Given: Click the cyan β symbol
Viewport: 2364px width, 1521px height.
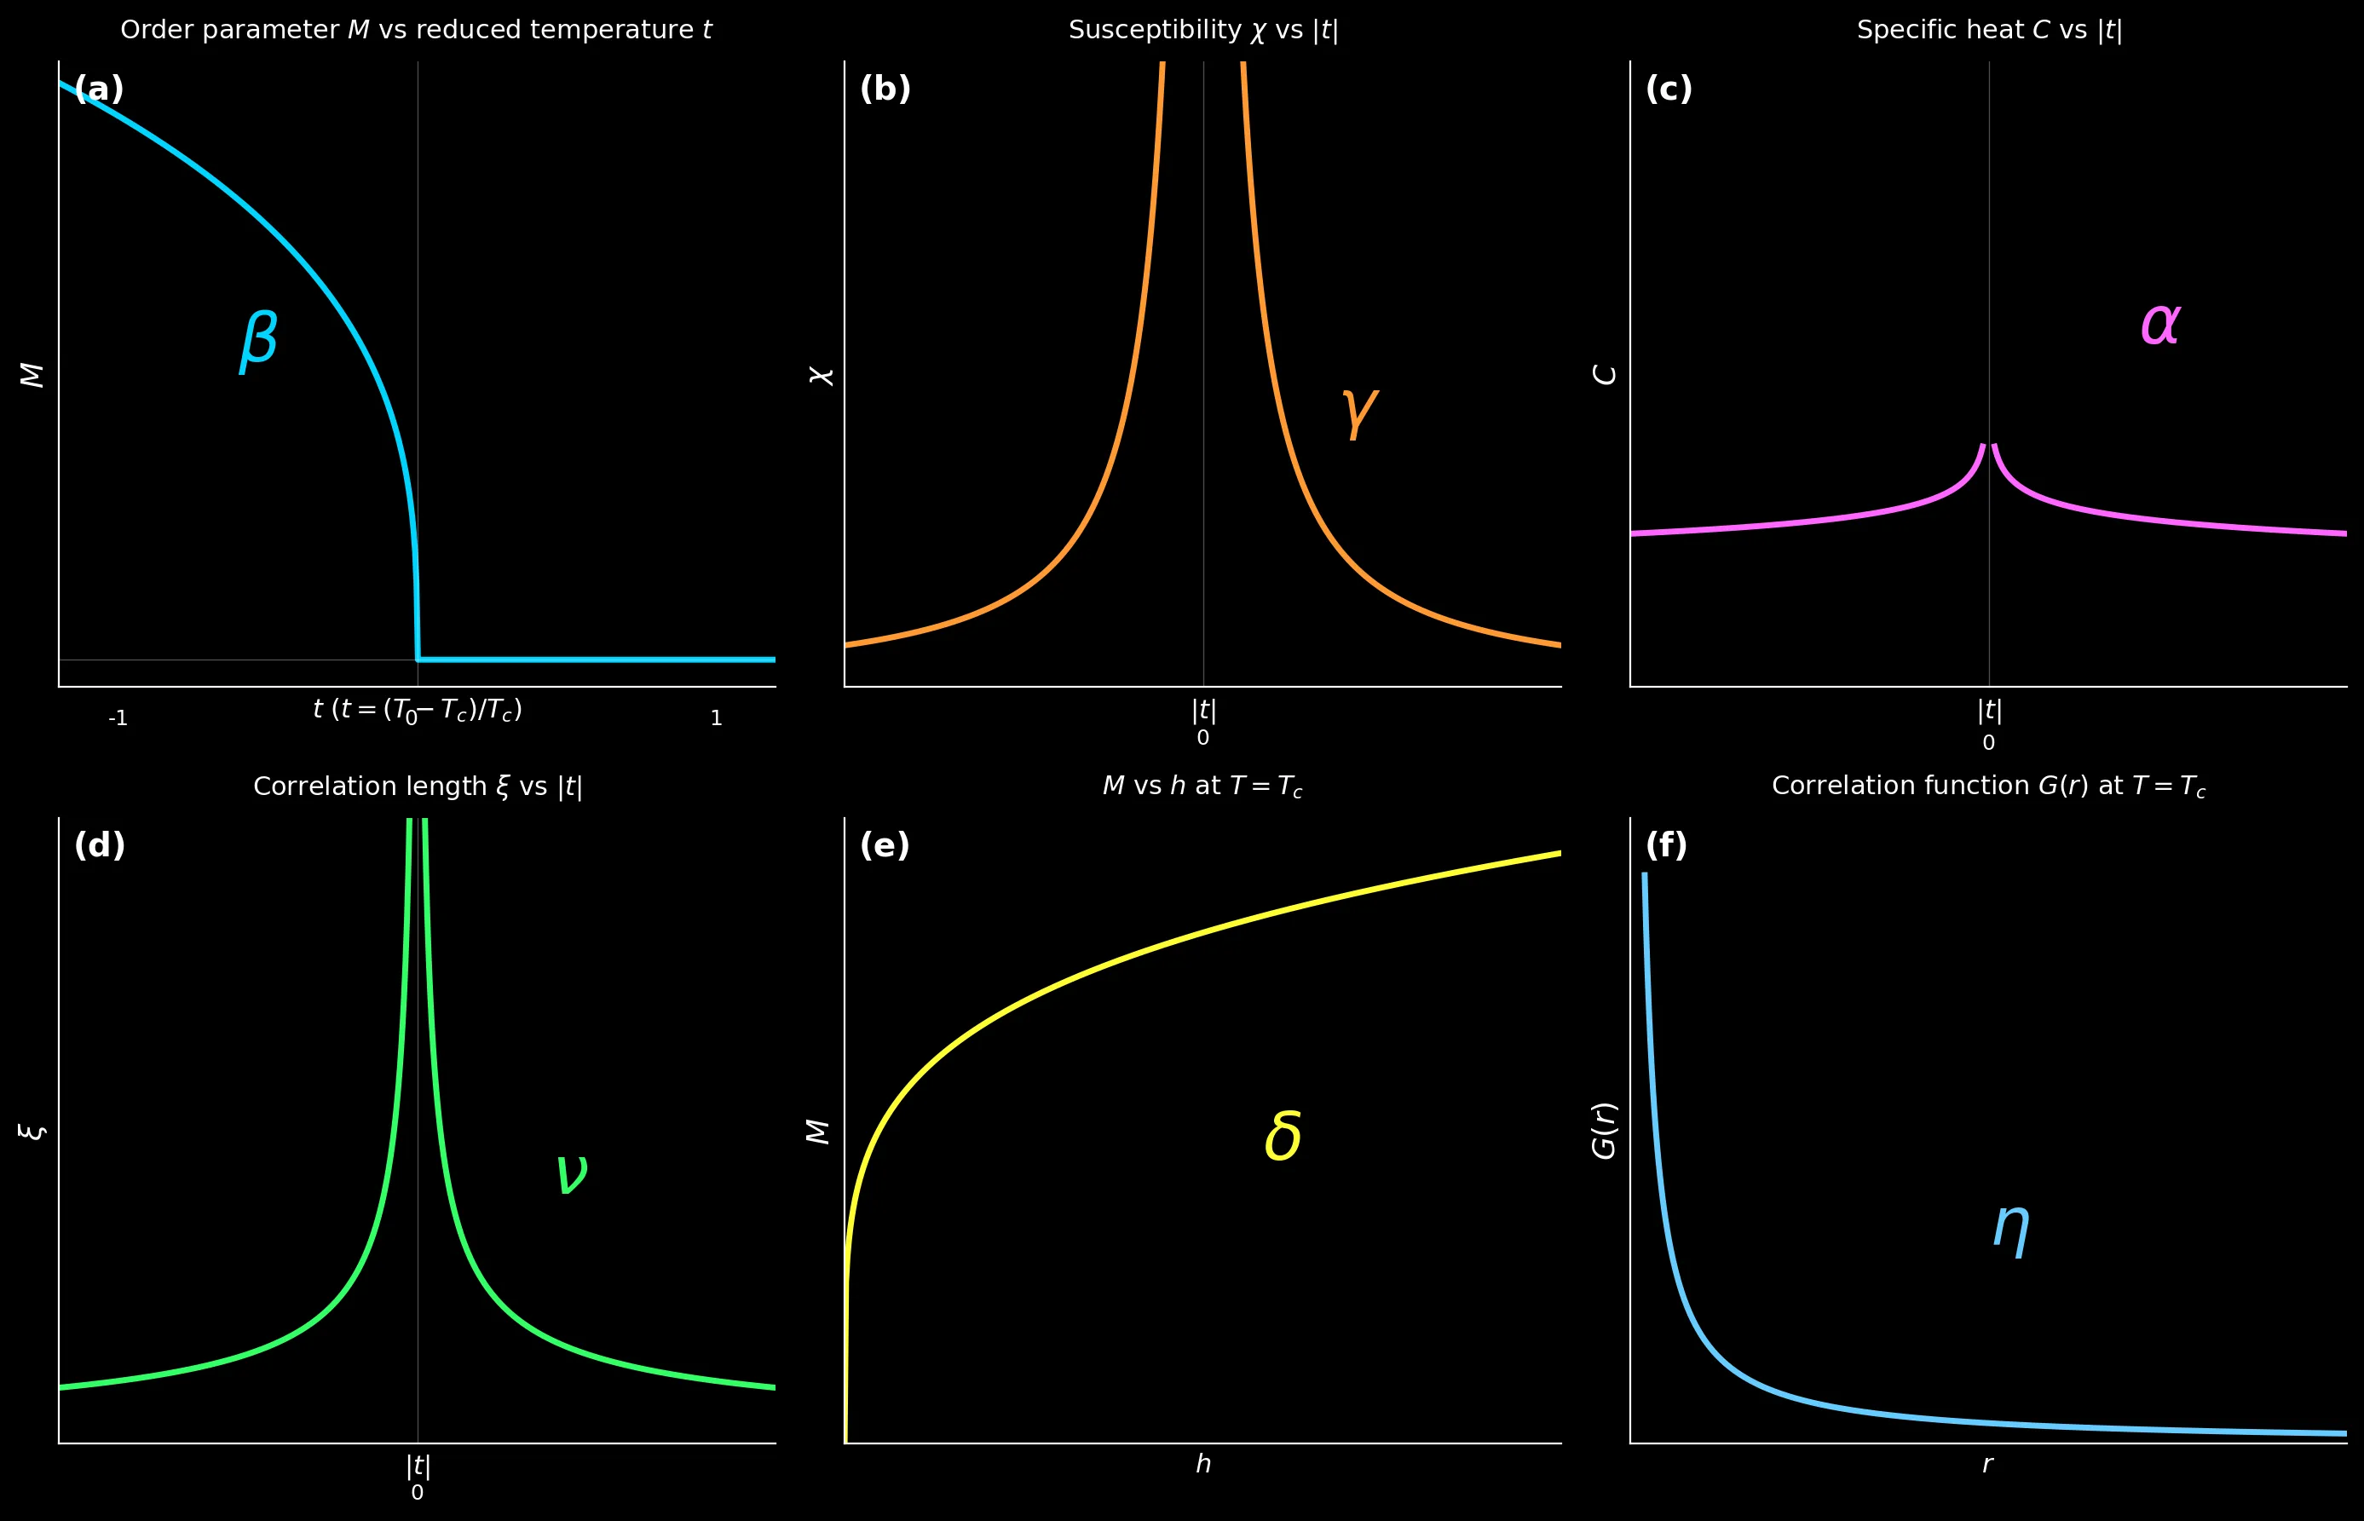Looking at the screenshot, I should click(259, 340).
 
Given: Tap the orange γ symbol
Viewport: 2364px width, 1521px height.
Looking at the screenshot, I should click(1360, 412).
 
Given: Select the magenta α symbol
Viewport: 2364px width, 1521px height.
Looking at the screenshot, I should click(2159, 323).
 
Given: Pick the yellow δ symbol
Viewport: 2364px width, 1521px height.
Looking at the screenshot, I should click(1283, 1136).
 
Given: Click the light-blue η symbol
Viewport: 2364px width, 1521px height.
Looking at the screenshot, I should click(2011, 1230).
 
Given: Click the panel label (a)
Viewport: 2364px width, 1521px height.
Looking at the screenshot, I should click(99, 89).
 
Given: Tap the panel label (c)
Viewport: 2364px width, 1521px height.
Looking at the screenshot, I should click(1669, 89).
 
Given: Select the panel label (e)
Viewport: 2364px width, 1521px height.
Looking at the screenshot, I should click(885, 845).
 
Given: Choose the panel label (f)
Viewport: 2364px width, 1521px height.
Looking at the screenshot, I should click(1667, 845).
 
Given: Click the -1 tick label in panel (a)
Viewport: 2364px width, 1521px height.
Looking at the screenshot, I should click(118, 719).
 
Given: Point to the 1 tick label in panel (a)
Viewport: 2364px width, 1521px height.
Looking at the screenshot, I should click(716, 719).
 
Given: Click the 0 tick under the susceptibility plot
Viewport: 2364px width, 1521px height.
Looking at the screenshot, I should click(1202, 738).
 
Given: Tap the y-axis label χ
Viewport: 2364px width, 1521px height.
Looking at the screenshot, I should click(822, 375).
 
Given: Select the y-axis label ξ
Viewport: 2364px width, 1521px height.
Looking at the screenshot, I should click(32, 1131).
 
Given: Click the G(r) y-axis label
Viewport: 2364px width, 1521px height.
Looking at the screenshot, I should click(1605, 1131).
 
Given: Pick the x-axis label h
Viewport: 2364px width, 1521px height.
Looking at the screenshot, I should click(1202, 1465).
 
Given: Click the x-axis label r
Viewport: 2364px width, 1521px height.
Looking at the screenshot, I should click(1988, 1465).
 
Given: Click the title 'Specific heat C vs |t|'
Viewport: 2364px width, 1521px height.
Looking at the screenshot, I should click(1989, 31).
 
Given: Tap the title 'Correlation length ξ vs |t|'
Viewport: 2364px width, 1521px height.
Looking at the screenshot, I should click(418, 787).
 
